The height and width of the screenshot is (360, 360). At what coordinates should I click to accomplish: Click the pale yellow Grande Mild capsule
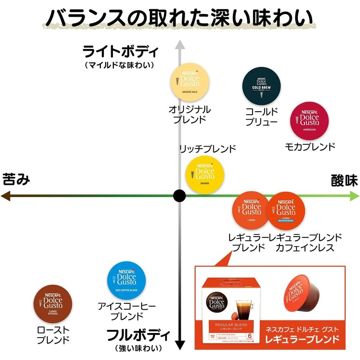[189, 81]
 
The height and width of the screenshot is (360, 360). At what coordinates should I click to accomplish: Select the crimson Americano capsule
[309, 120]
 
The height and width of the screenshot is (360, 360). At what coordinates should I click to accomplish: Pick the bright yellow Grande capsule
[205, 175]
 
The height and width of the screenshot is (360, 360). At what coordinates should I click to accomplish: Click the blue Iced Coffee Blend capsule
[127, 281]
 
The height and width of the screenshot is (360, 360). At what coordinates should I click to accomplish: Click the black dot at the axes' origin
[180, 196]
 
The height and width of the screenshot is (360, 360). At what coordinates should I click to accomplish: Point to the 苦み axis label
[17, 180]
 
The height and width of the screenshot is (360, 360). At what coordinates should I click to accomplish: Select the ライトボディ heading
[120, 51]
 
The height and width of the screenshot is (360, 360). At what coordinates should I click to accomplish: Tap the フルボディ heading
[138, 335]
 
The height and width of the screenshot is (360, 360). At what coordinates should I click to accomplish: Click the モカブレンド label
[310, 147]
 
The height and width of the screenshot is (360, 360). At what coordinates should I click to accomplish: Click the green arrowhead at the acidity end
[354, 196]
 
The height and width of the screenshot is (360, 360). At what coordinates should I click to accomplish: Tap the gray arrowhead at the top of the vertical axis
[180, 44]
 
